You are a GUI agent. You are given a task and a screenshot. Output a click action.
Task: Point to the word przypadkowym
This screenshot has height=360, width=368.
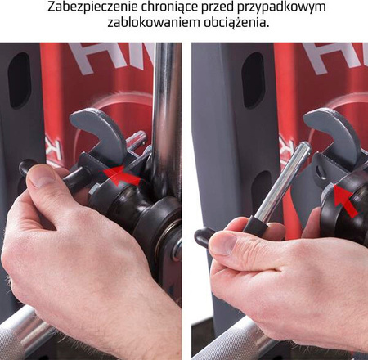point(284,7)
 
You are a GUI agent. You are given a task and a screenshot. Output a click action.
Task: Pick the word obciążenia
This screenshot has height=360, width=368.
point(231,22)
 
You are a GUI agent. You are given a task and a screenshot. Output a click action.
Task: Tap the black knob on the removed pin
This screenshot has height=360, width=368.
point(204,237)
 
